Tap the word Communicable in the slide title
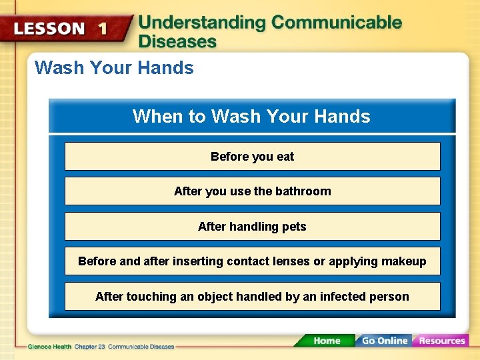337,23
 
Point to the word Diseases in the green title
177,41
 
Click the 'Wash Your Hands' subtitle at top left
114,68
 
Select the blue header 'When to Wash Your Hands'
251,117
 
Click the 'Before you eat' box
252,157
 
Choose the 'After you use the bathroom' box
252,191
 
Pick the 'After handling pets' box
252,227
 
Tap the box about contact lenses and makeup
252,261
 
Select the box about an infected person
252,297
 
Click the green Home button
326,341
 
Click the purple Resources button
441,341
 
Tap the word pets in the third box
294,227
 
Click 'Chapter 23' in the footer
87,347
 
